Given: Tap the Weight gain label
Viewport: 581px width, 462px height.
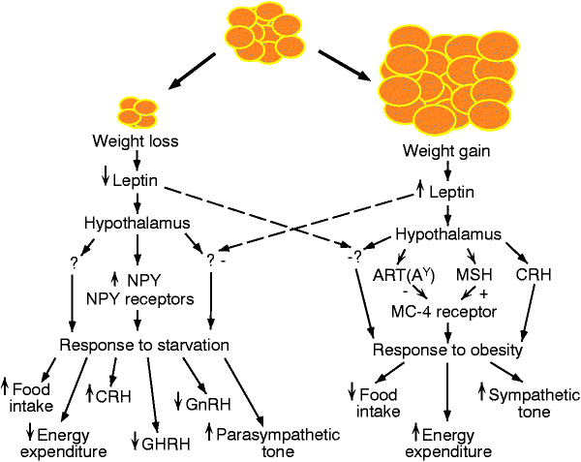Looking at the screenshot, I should coord(446,151).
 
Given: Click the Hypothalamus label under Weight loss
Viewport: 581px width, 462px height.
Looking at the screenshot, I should coord(137,223).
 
